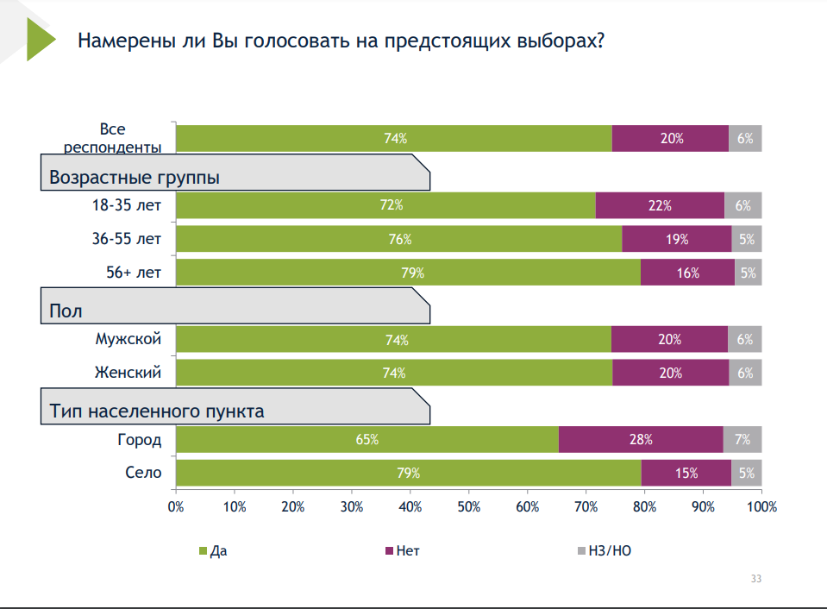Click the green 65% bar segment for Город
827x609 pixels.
pos(367,440)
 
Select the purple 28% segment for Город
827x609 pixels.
pos(641,440)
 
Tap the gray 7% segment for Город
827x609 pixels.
pos(742,440)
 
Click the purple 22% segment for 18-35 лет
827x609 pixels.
pos(660,205)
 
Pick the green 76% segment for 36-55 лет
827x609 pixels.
pos(398,239)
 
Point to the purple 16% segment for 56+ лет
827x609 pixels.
pos(687,273)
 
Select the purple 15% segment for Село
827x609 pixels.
pos(686,474)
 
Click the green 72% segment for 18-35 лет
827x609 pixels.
pos(385,205)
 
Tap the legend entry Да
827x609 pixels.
pos(212,549)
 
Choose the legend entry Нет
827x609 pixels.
pos(403,549)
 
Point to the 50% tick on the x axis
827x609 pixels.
pos(468,507)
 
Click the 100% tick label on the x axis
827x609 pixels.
pos(761,507)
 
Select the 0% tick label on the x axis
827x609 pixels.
pos(176,507)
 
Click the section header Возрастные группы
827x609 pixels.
pos(134,178)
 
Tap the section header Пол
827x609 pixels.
pos(66,311)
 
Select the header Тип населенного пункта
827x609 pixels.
pos(156,411)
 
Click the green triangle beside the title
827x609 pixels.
pos(39,40)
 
